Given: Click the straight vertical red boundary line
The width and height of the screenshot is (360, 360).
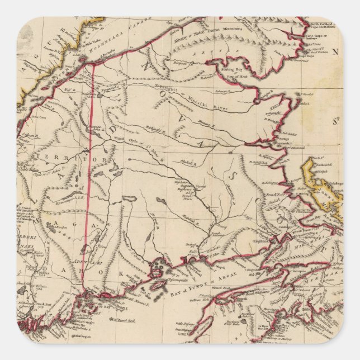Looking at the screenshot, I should point(92,168).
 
